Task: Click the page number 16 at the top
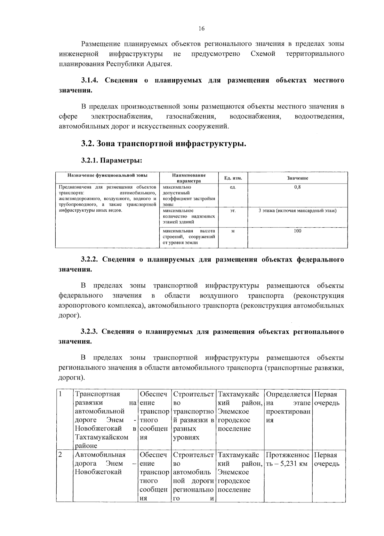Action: (x=201, y=29)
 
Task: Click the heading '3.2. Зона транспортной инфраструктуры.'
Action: (x=164, y=144)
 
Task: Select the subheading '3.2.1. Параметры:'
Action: (x=112, y=161)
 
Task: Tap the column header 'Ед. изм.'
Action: (x=233, y=178)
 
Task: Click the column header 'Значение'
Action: (x=298, y=178)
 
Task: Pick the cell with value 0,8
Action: (x=298, y=187)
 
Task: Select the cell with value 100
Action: (x=298, y=231)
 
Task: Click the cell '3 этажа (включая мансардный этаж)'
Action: (x=298, y=211)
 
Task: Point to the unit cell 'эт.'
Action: (x=233, y=211)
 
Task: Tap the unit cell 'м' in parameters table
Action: (x=233, y=231)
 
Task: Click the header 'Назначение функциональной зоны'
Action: (x=107, y=175)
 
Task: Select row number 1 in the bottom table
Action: (x=60, y=394)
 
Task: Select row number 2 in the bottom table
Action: (x=60, y=455)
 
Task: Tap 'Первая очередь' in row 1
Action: (x=327, y=398)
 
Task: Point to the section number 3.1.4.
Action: (x=91, y=80)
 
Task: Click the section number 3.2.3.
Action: (x=91, y=332)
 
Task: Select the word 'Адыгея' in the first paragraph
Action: (x=159, y=64)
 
